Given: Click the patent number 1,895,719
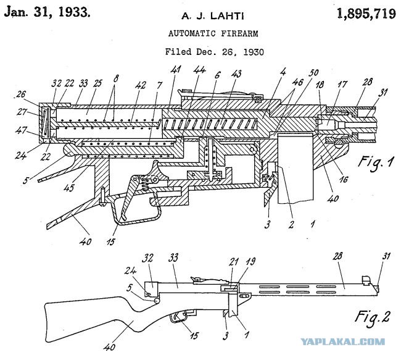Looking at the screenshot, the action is point(366,14).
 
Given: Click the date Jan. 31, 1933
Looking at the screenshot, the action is point(48,12).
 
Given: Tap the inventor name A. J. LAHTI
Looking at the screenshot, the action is point(213,17).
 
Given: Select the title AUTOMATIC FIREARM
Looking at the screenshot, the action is point(213,33).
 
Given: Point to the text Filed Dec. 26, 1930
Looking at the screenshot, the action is point(214,52).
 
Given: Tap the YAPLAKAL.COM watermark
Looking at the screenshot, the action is point(342,341).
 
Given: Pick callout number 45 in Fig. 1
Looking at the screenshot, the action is point(69,187).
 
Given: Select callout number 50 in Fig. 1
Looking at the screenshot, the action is point(313,73).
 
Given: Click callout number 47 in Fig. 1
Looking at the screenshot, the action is point(21,130).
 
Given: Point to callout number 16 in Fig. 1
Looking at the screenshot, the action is point(344,179).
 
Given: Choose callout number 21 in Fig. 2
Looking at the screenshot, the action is point(234,262).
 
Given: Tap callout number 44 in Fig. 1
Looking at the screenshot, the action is point(200,70).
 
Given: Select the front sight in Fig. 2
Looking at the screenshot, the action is point(366,280).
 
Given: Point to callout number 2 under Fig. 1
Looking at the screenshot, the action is point(291,225).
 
